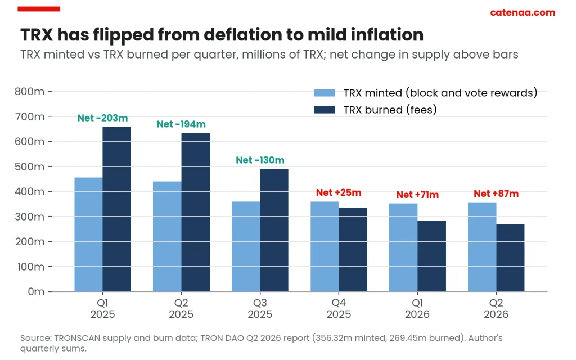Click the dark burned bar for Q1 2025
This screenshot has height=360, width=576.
tap(117, 209)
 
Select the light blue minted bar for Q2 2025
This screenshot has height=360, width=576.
tap(167, 237)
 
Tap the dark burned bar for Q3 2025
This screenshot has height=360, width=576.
tap(274, 230)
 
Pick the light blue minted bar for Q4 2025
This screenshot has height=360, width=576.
tap(325, 246)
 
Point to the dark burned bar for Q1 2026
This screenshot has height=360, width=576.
tap(431, 256)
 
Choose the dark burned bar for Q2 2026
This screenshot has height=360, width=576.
tap(511, 258)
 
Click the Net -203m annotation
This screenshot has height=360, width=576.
tap(102, 118)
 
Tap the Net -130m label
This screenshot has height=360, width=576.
tap(260, 160)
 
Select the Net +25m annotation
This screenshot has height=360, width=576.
tap(339, 192)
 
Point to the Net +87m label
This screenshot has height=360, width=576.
tap(496, 193)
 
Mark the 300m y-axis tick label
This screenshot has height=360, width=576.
tap(29, 217)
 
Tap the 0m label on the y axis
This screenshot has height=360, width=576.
tap(36, 292)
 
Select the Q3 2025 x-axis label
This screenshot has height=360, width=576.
tap(260, 309)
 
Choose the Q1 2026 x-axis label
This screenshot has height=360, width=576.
tap(417, 309)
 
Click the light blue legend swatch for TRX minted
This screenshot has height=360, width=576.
tap(325, 93)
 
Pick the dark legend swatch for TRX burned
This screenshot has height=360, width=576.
tap(325, 110)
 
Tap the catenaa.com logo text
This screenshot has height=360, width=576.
tap(523, 12)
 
